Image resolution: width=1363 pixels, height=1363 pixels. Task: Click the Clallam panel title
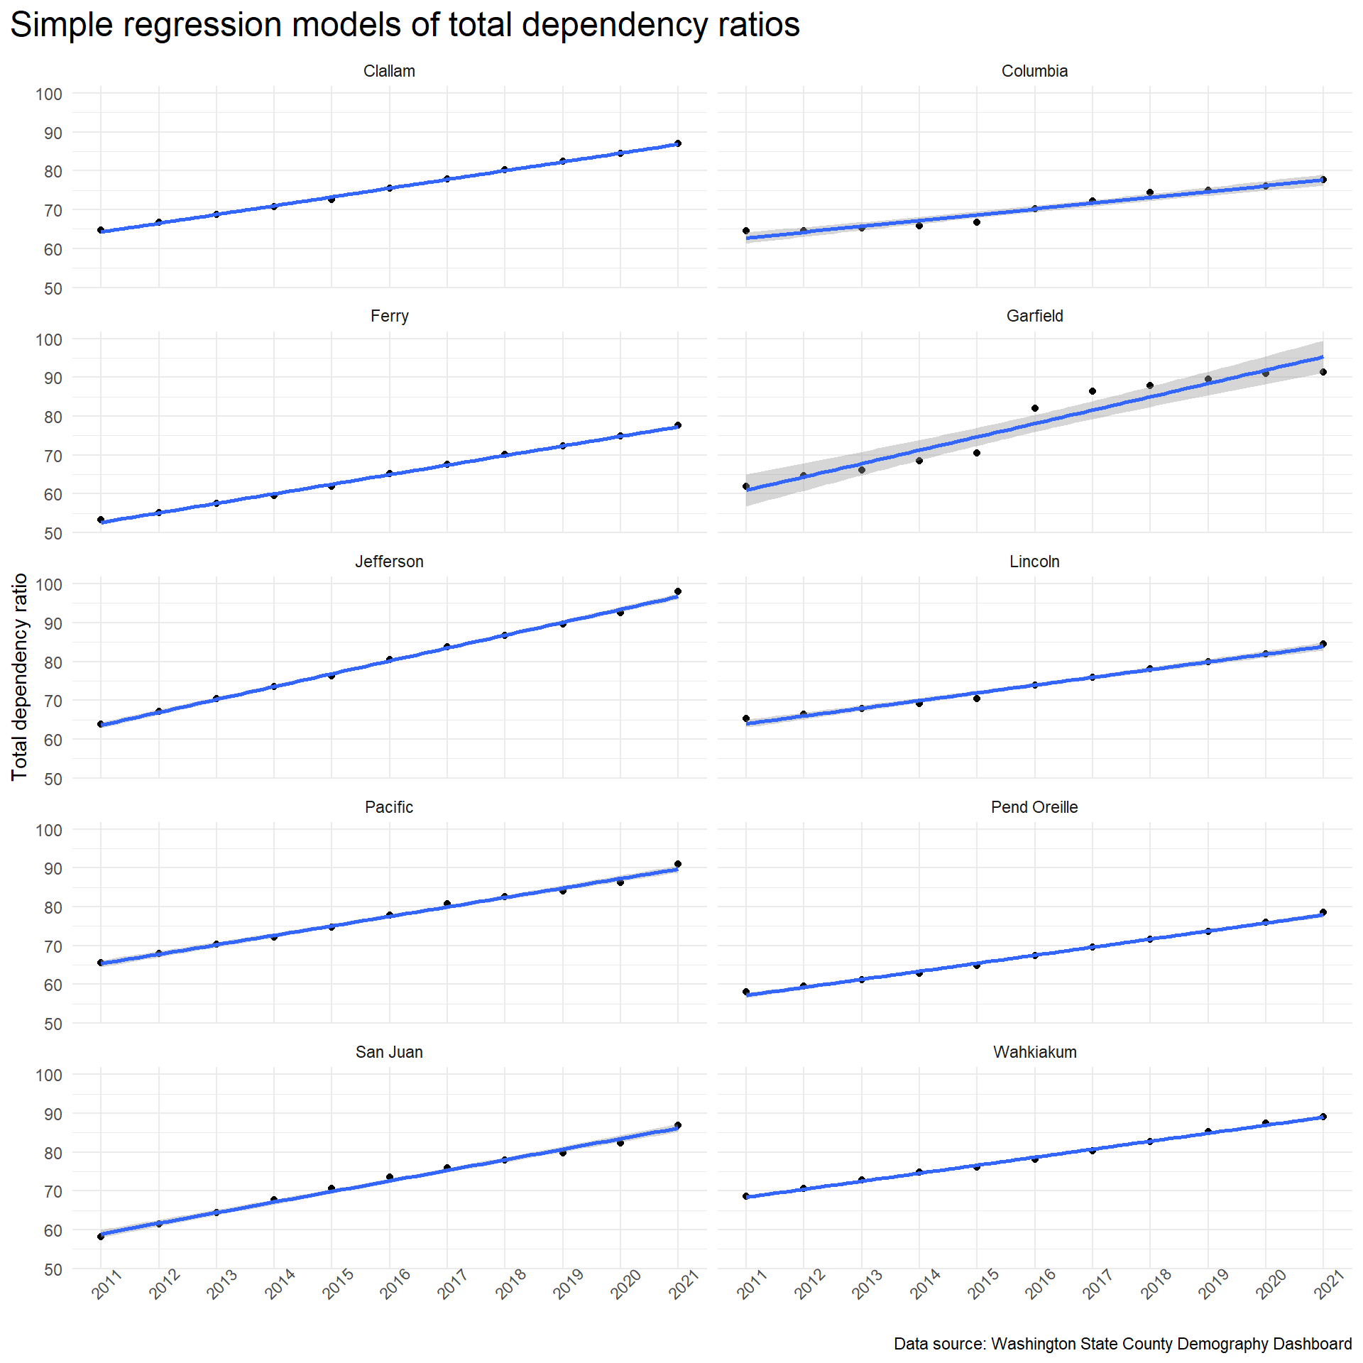point(389,71)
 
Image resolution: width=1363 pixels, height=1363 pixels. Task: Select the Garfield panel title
point(1034,316)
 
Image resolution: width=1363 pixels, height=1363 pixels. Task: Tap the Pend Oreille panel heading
point(1034,807)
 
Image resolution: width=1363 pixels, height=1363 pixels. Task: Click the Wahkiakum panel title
point(1034,1052)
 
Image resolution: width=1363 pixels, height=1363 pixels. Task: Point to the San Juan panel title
point(389,1052)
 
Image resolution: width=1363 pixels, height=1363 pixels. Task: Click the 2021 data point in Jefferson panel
point(678,591)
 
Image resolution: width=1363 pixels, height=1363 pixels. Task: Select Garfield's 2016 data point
point(1035,408)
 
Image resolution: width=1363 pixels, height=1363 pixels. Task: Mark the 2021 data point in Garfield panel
point(1323,372)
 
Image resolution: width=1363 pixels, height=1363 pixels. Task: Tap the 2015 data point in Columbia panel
point(977,222)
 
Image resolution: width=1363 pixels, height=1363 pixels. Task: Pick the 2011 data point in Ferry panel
point(101,520)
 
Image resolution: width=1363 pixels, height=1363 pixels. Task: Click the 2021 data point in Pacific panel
point(678,864)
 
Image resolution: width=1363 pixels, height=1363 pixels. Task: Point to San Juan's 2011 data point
point(101,1236)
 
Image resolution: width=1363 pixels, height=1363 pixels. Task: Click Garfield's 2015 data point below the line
point(977,453)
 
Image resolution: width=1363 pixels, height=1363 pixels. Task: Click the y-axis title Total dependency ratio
point(19,677)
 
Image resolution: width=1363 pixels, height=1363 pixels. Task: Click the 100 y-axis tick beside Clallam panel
point(49,94)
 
